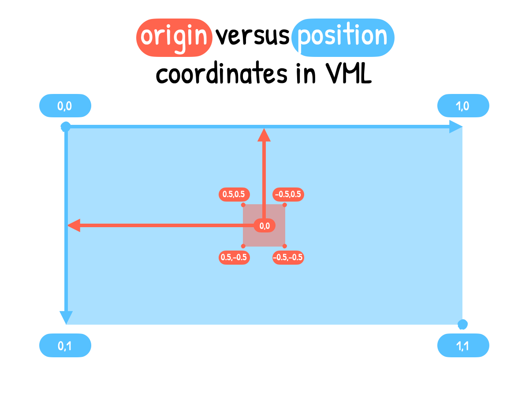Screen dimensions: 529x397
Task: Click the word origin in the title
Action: point(174,37)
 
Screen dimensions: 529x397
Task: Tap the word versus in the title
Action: point(252,37)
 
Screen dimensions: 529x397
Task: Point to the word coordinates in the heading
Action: point(221,73)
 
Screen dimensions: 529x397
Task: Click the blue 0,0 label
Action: point(65,106)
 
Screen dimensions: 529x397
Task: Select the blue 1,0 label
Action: point(463,106)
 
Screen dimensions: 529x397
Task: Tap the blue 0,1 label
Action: point(65,345)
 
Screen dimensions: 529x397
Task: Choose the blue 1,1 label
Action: point(463,345)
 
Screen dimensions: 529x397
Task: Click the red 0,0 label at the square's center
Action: point(264,225)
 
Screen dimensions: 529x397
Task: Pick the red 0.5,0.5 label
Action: point(234,194)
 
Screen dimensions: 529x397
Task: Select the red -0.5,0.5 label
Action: point(288,194)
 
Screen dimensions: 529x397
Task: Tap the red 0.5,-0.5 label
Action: point(234,258)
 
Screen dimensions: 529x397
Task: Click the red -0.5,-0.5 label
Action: point(288,258)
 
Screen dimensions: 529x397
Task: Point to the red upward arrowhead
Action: point(264,135)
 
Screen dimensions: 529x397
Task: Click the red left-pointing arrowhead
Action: point(74,225)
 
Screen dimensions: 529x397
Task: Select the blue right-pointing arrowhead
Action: point(455,127)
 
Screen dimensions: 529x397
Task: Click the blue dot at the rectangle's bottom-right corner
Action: point(462,325)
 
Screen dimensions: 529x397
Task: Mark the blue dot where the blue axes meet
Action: point(66,127)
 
